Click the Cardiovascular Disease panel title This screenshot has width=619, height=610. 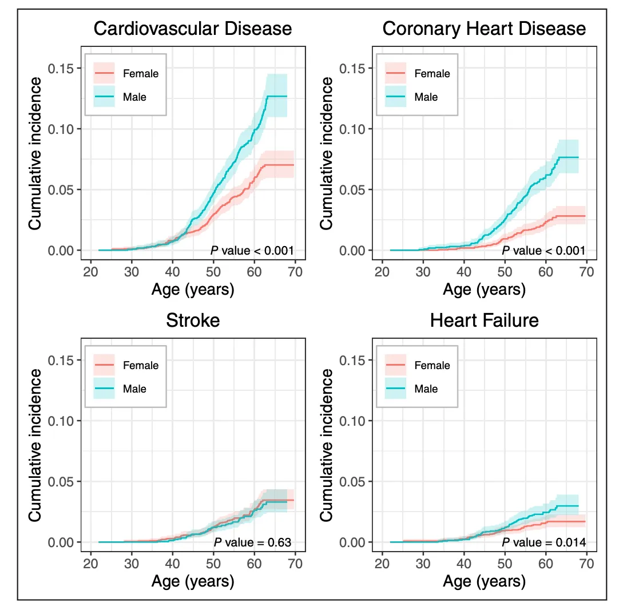click(x=192, y=29)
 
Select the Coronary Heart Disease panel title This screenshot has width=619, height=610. click(x=484, y=29)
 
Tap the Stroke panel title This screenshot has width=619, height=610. click(x=193, y=320)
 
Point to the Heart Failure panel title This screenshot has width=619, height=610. click(x=484, y=320)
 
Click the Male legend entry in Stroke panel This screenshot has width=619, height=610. click(x=134, y=389)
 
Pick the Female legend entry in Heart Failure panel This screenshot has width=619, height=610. click(x=431, y=365)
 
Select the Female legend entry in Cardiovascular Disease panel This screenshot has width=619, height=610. click(x=140, y=73)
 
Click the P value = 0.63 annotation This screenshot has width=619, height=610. click(x=252, y=542)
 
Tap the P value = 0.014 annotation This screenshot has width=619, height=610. click(x=544, y=542)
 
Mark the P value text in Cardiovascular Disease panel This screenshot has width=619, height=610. click(x=252, y=250)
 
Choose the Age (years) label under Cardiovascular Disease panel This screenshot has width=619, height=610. click(x=193, y=290)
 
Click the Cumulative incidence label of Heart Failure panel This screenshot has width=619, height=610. click(x=327, y=445)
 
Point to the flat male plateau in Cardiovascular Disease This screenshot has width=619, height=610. click(x=276, y=96)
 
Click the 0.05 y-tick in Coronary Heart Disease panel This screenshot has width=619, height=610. click(x=351, y=189)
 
